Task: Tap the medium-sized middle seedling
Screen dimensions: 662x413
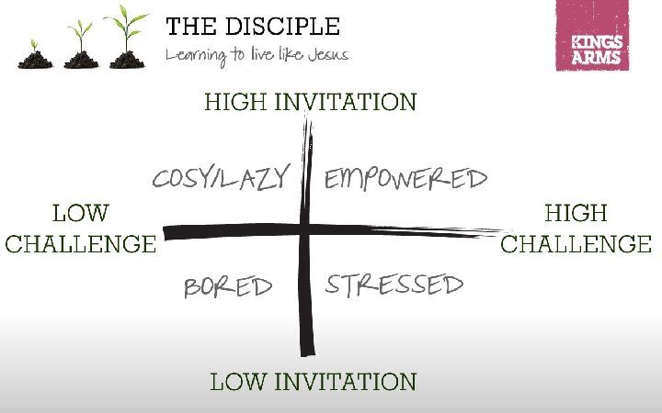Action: point(81,46)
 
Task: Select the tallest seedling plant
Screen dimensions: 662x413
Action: point(127,39)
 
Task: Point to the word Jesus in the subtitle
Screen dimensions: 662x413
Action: point(325,54)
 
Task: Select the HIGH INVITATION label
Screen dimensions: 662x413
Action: point(311,101)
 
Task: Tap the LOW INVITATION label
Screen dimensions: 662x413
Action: point(313,381)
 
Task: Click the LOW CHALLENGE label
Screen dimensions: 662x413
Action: point(80,229)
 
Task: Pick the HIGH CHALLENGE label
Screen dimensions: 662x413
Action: point(576,229)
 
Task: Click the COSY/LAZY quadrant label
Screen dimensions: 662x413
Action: point(221,178)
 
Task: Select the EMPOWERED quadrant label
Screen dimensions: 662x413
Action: point(405,178)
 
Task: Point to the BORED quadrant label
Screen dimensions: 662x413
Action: point(228,287)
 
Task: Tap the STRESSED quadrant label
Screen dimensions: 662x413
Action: point(394,285)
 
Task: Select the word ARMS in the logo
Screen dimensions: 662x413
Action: point(598,57)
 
